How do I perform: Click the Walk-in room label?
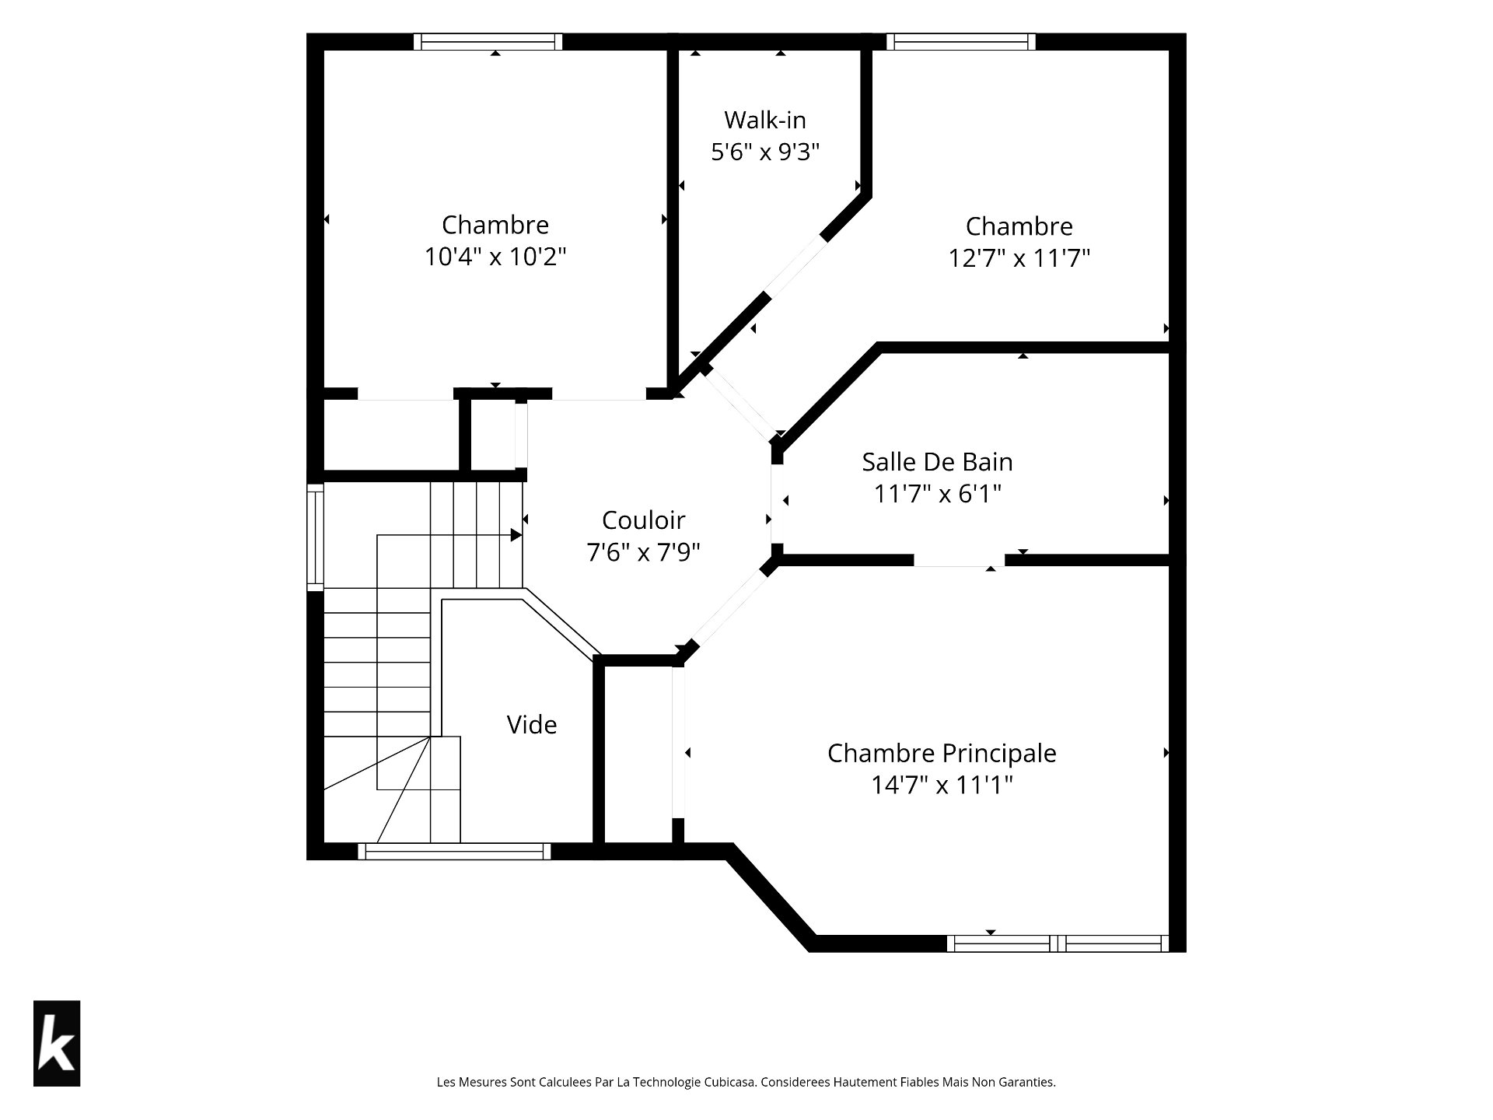(x=765, y=120)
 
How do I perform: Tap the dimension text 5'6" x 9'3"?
(x=766, y=151)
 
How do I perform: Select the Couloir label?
(x=643, y=520)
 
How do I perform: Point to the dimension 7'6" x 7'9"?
(x=643, y=552)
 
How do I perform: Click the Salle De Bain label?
(x=937, y=462)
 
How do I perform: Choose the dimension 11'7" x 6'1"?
(x=938, y=494)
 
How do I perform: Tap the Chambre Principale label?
(x=942, y=753)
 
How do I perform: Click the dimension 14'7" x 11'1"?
(x=942, y=785)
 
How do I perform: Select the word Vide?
(x=532, y=725)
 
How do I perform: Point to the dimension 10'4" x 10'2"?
(x=495, y=257)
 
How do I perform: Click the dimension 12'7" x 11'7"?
(x=1019, y=257)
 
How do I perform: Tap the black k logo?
(x=57, y=1043)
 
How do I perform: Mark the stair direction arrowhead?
(x=516, y=535)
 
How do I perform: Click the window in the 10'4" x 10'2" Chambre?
(x=488, y=41)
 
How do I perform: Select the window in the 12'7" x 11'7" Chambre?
(x=961, y=41)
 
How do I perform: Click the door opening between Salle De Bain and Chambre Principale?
(x=959, y=560)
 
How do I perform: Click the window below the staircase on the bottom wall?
(x=454, y=852)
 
